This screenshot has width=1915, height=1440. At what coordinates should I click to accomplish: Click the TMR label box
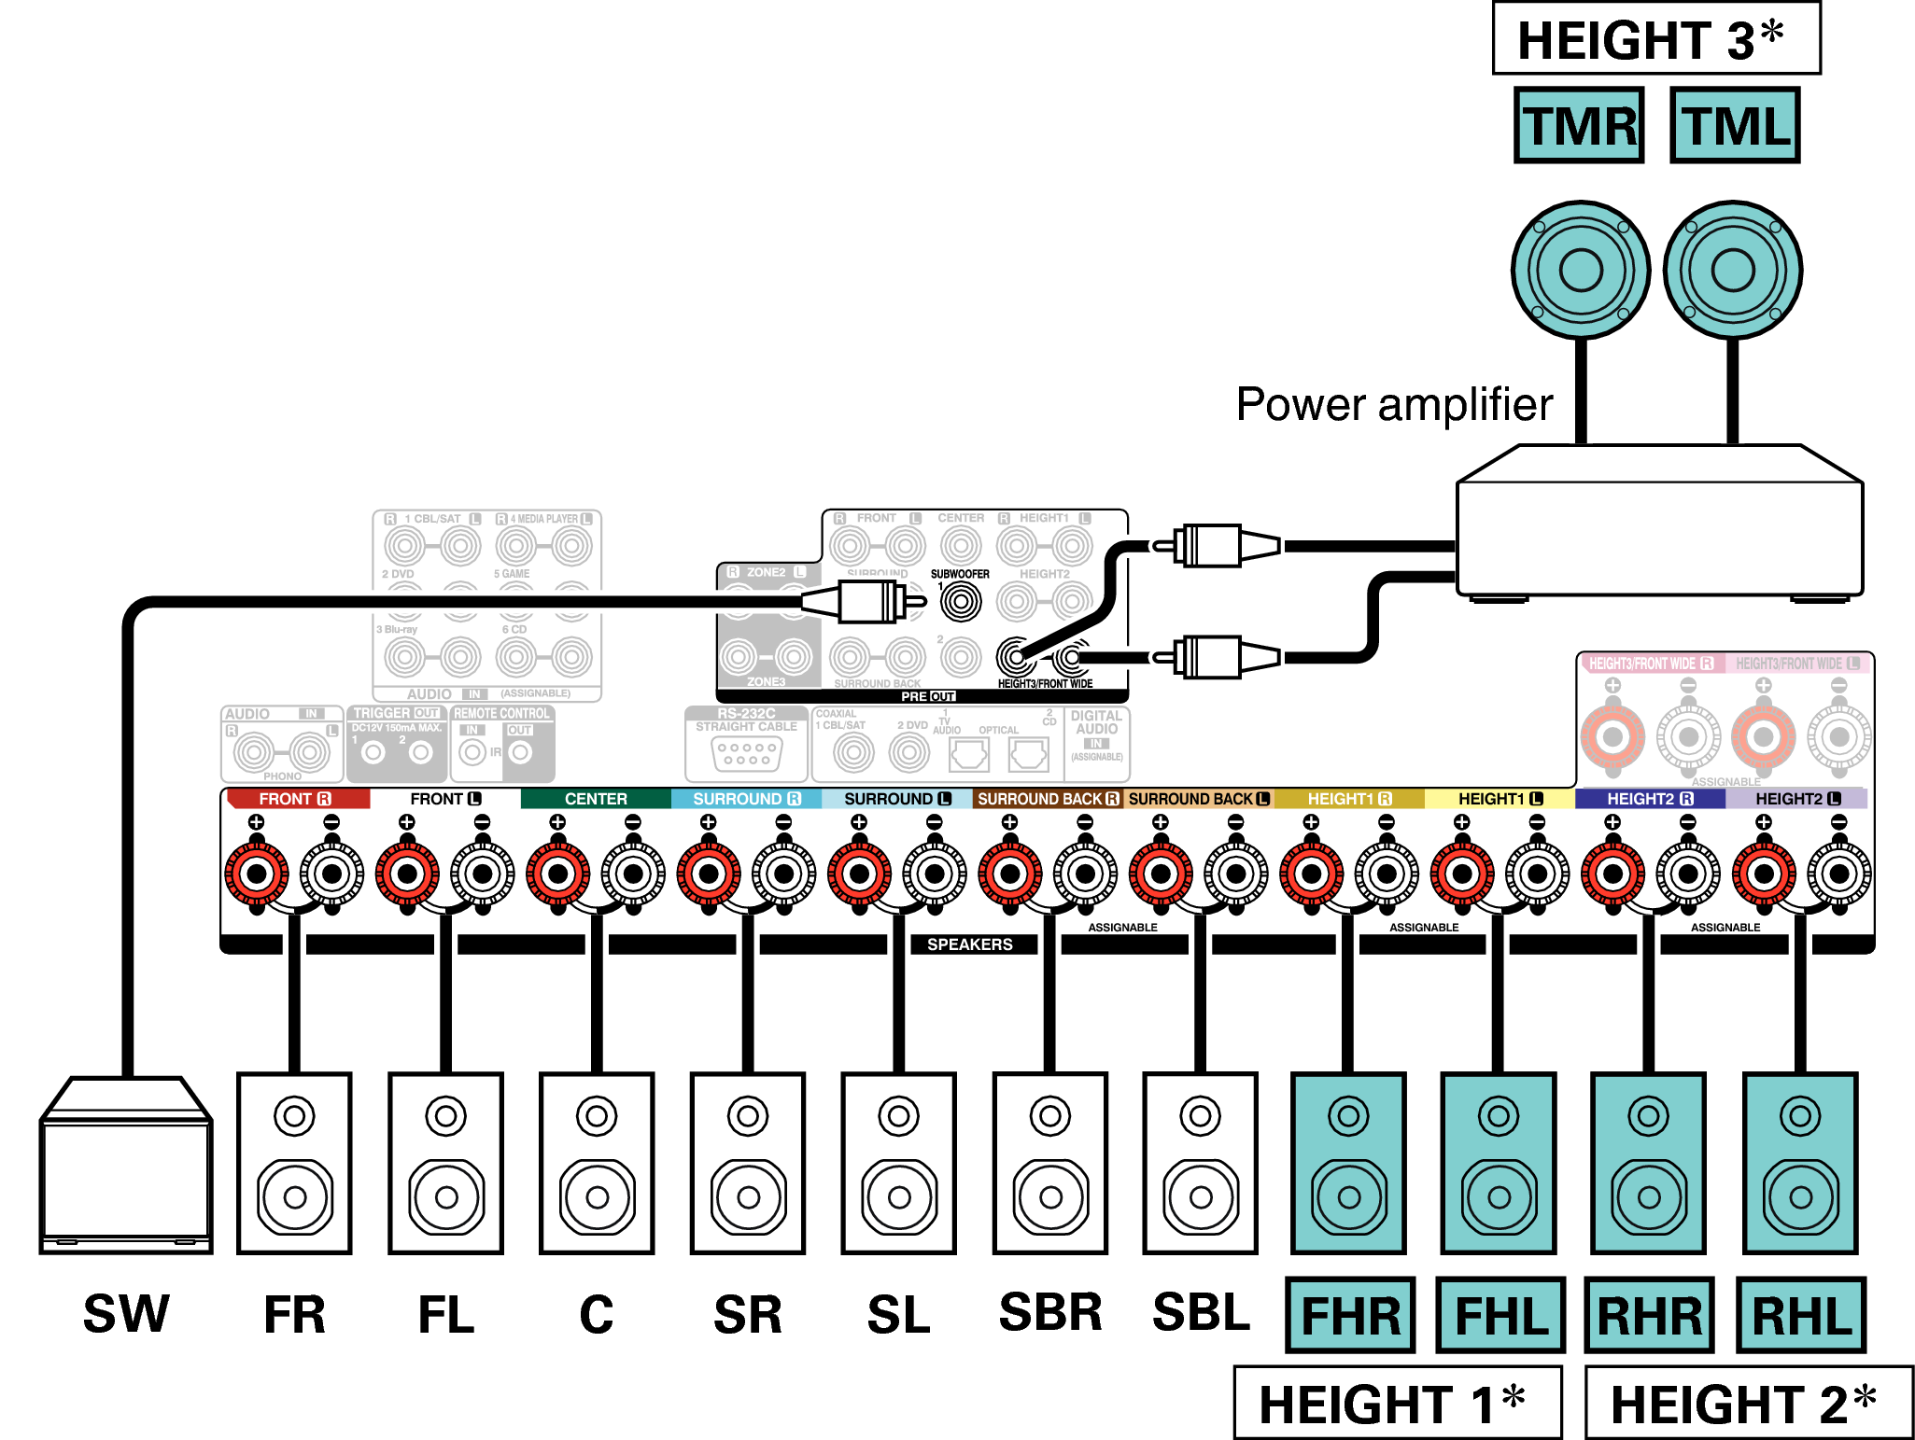click(1579, 126)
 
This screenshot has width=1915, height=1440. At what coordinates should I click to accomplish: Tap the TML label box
click(1735, 126)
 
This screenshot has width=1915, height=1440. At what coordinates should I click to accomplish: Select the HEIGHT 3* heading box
click(1656, 39)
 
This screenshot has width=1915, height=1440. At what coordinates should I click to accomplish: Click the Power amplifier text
click(1394, 405)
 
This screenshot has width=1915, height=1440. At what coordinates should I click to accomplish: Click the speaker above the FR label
click(294, 1163)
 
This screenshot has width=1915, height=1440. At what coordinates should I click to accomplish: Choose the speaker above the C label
click(597, 1163)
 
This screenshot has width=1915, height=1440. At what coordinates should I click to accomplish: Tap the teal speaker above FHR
click(1348, 1163)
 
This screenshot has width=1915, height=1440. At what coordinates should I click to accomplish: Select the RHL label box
click(1801, 1315)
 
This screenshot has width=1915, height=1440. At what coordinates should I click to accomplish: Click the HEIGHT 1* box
click(1397, 1403)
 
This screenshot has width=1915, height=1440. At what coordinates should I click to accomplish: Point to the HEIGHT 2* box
click(1748, 1403)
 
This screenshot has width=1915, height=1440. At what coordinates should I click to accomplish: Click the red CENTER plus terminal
click(557, 874)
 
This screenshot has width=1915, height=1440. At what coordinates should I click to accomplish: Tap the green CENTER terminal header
click(596, 799)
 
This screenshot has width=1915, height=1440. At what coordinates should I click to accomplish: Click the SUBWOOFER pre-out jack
click(961, 602)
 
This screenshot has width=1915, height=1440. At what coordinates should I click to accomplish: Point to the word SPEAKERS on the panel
click(969, 944)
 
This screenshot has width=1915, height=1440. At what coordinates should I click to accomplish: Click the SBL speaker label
click(1201, 1313)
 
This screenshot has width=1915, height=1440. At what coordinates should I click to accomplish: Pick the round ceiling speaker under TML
click(1733, 271)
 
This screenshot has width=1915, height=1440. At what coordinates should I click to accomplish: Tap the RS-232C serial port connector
click(746, 753)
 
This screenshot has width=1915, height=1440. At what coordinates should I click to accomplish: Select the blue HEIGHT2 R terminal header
click(1650, 799)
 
